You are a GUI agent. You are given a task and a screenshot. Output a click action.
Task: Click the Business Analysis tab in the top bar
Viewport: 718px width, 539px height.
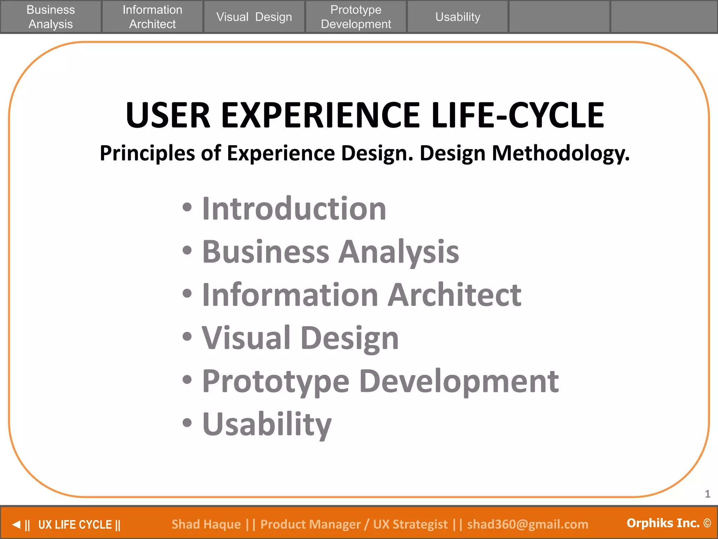tap(51, 17)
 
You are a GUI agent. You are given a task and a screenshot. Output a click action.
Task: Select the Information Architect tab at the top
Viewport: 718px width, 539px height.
tap(152, 17)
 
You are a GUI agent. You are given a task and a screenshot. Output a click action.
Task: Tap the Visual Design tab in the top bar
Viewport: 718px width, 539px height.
tap(254, 17)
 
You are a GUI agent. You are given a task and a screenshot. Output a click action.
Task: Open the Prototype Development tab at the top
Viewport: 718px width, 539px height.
tap(356, 17)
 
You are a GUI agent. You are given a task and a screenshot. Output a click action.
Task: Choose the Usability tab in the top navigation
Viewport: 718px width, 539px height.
tap(458, 17)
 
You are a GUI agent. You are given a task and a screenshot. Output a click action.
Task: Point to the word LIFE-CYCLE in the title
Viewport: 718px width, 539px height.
tap(518, 115)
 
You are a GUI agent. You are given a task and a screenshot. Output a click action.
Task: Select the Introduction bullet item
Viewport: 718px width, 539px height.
tap(294, 209)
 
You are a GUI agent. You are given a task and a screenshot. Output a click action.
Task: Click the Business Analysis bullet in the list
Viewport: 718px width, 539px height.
tap(330, 252)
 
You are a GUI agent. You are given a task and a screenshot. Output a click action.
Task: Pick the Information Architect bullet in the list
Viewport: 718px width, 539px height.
tap(361, 295)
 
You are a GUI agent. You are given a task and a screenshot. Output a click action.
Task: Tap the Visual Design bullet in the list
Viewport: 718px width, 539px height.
tap(300, 338)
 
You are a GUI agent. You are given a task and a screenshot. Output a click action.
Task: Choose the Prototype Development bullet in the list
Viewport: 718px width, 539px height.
tap(380, 381)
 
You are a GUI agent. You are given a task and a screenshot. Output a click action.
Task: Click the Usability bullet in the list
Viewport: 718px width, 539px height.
tap(267, 424)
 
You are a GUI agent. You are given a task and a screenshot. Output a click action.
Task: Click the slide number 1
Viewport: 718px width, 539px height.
tap(707, 494)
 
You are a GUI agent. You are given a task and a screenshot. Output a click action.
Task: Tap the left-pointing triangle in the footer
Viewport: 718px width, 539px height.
tap(16, 525)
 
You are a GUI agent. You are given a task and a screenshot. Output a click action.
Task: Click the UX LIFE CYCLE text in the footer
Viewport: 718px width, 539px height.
tap(75, 525)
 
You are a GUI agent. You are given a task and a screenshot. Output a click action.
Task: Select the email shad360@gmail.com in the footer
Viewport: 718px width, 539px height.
tap(528, 524)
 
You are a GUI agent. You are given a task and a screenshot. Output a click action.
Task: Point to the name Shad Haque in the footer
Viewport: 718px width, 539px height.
tap(206, 524)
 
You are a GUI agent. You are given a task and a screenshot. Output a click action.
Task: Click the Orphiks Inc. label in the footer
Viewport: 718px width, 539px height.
tap(663, 523)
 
